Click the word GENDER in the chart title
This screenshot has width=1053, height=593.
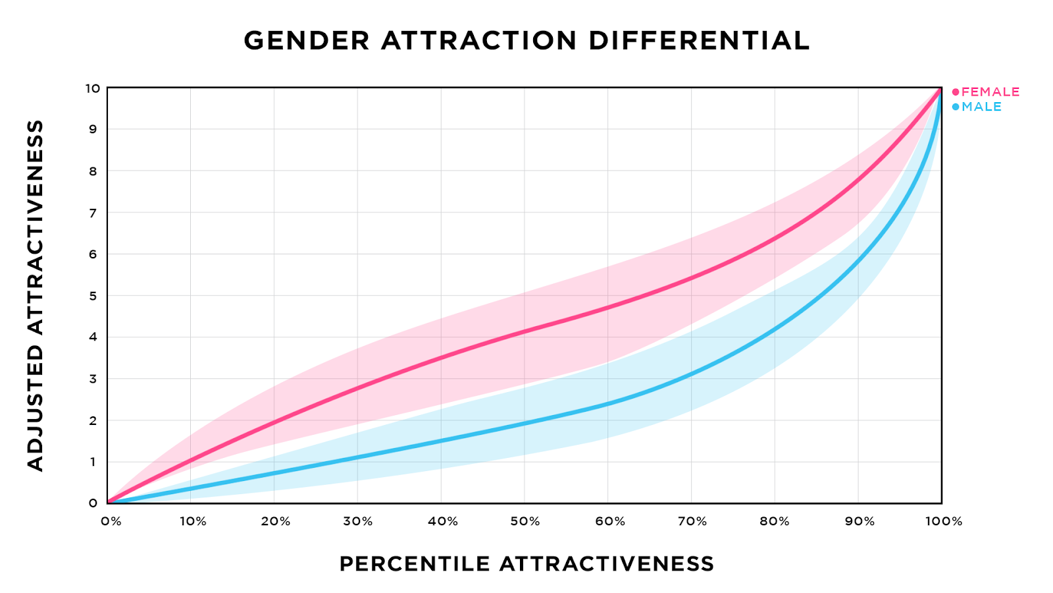[307, 41]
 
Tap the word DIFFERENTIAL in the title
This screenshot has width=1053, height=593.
[699, 41]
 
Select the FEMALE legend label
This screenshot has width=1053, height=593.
[990, 92]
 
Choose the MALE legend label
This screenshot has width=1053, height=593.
[981, 107]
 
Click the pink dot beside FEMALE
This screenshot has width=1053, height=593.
[956, 92]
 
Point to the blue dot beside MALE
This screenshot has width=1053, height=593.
[956, 107]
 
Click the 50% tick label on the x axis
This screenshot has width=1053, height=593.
[525, 521]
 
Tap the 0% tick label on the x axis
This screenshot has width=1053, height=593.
[111, 521]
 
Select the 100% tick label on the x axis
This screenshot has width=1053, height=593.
[944, 521]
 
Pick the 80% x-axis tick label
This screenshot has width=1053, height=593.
[775, 521]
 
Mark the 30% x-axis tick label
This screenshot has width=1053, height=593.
[358, 521]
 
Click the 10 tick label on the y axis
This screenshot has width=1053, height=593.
[92, 88]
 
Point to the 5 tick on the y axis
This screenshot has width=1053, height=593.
[93, 296]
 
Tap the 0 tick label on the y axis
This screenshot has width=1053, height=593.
[93, 503]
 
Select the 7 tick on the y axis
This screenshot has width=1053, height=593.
[93, 213]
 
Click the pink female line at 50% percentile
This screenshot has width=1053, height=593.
[525, 331]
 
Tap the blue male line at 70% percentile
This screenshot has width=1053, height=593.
[691, 374]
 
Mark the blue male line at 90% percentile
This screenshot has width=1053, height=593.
[858, 261]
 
